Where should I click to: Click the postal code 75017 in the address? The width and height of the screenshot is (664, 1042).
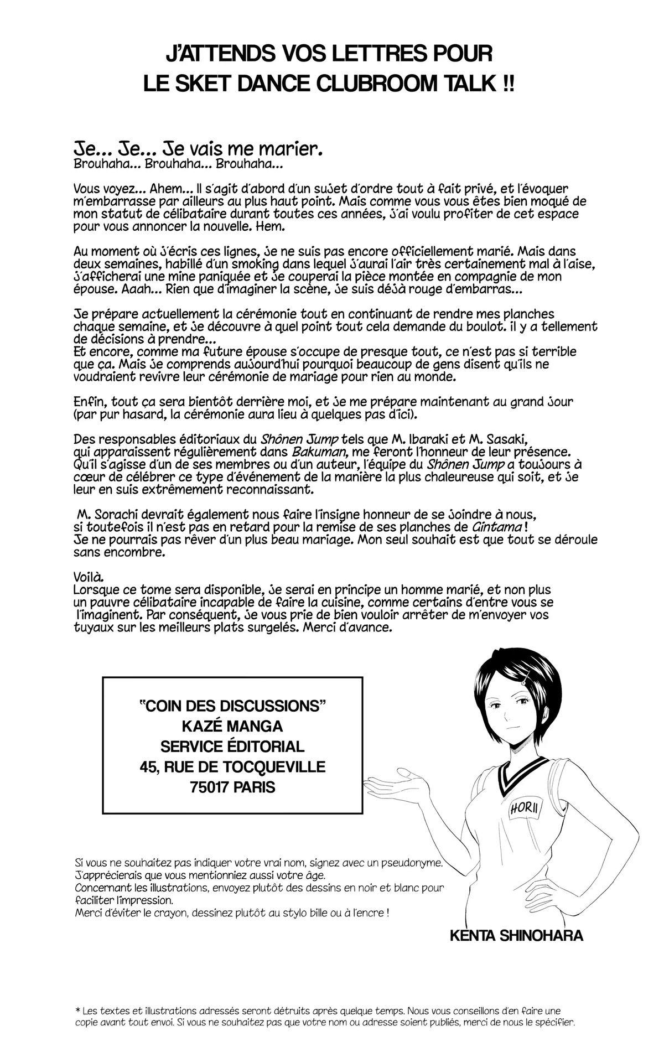(214, 786)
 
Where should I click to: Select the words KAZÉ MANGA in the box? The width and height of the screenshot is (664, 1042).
(232, 725)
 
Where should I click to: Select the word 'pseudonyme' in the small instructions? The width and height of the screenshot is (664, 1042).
(408, 863)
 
